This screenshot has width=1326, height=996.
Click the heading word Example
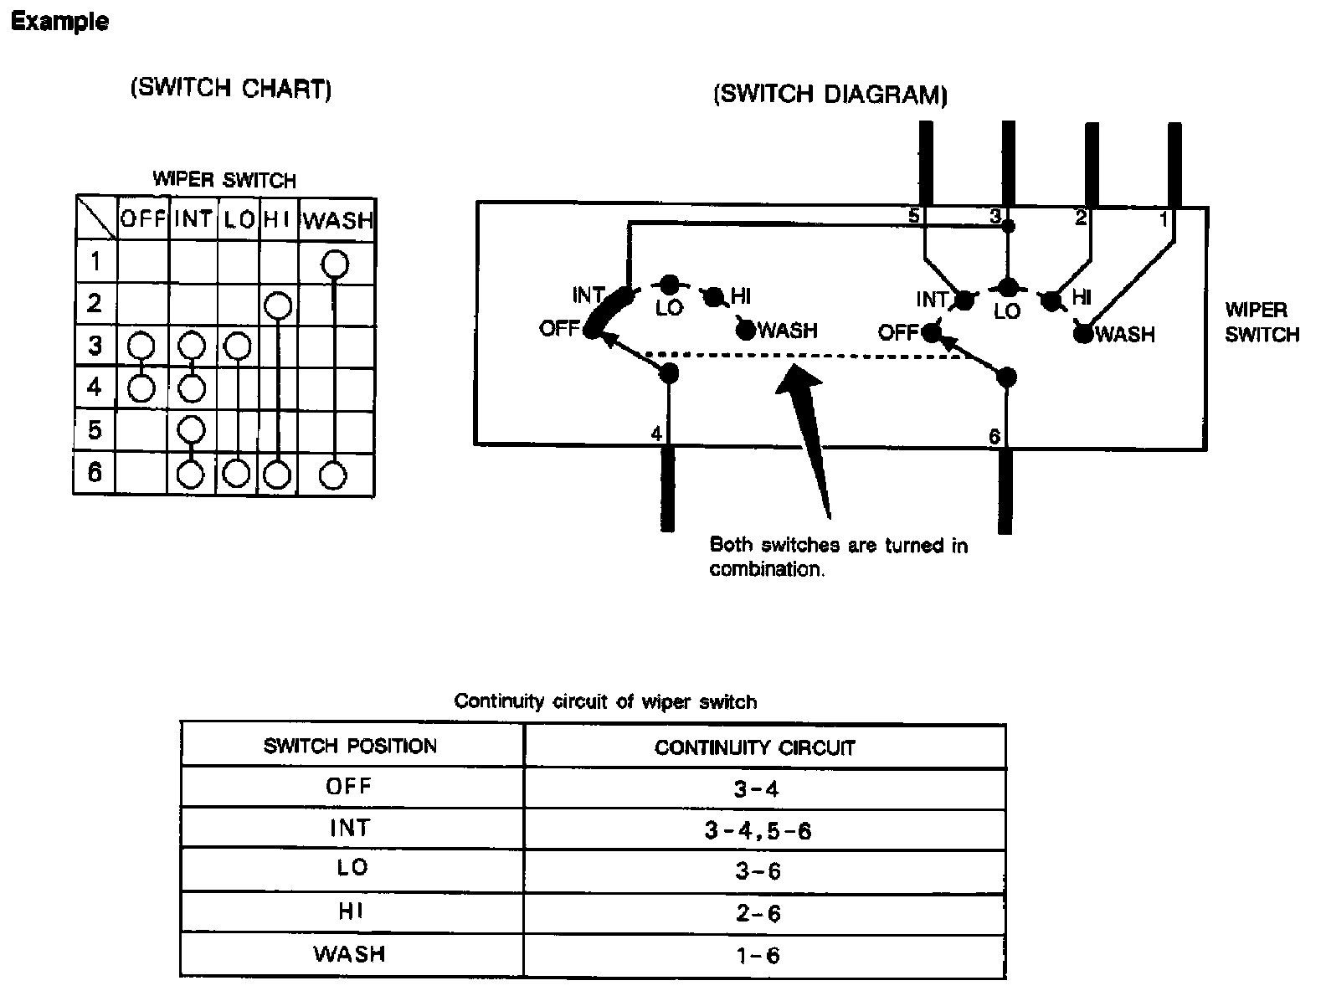point(59,22)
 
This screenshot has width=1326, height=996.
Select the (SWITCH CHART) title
point(230,89)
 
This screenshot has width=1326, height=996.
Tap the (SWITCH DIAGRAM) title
point(830,94)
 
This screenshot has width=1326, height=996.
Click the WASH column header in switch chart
point(337,221)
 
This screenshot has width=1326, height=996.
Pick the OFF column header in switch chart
point(143,219)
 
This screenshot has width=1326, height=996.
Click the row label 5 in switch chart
point(95,430)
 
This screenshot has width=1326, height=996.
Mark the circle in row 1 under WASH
point(335,264)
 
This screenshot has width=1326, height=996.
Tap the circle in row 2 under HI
point(278,305)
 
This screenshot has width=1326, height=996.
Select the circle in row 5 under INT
point(193,429)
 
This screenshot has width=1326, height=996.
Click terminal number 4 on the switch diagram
point(656,434)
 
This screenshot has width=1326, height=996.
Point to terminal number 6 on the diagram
point(994,436)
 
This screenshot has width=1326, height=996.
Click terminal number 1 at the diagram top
point(1164,219)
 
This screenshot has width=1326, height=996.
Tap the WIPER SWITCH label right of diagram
point(1262,322)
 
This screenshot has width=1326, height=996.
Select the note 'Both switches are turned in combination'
point(838,557)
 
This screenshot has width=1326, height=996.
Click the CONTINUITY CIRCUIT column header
point(755,747)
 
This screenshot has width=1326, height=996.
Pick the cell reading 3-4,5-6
point(758,830)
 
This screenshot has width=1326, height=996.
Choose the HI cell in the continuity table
point(350,912)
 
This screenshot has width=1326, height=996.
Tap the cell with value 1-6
point(758,955)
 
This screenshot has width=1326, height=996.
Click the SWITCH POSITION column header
point(350,746)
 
